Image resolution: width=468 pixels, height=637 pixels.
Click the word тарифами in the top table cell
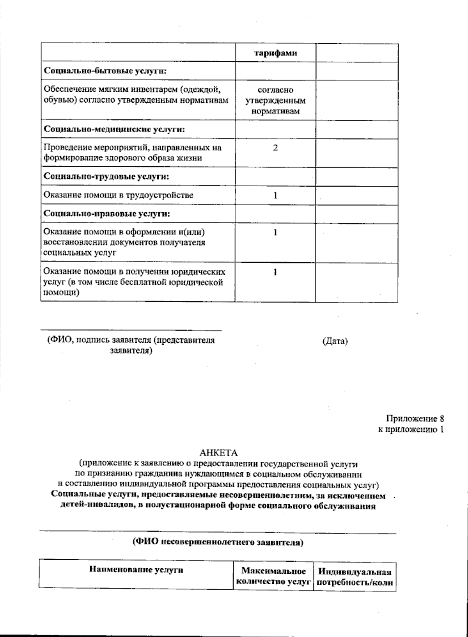[275, 53]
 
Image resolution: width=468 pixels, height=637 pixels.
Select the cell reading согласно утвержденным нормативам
[275, 101]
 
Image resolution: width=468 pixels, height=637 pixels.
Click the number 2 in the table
[275, 148]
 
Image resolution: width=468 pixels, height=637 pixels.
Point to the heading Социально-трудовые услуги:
[106, 176]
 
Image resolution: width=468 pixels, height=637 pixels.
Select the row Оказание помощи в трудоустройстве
[118, 195]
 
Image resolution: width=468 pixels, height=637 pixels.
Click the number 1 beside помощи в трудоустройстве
[275, 195]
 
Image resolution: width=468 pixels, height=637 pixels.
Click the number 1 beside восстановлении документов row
[275, 233]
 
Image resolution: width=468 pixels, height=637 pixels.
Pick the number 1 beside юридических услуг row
[275, 272]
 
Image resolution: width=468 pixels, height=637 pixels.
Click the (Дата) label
[335, 341]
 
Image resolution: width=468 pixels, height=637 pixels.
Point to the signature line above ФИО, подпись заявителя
[131, 329]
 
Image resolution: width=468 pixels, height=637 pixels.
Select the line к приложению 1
[411, 429]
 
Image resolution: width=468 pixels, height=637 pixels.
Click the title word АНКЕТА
[218, 453]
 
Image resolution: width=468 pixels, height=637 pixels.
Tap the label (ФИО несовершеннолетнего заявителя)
[218, 542]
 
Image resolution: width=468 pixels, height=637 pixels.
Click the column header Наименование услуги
[136, 570]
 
